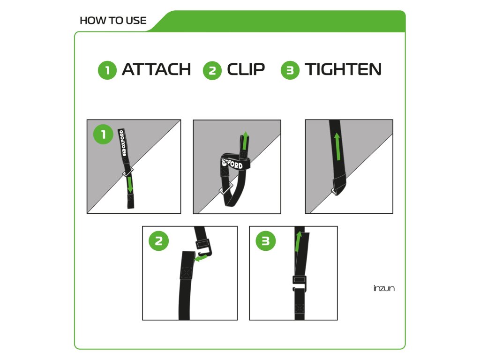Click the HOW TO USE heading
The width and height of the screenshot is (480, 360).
113,21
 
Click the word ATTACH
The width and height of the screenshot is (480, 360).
156,69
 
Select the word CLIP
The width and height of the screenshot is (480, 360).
246,69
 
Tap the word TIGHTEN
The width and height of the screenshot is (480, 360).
343,69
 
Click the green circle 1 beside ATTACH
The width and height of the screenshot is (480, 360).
107,70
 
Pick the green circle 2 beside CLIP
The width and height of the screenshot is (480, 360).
212,70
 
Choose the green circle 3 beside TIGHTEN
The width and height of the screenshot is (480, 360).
290,70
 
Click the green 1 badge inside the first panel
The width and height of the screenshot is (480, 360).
103,134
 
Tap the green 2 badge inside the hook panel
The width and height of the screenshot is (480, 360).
158,241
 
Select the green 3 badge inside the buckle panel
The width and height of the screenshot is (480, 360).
265,241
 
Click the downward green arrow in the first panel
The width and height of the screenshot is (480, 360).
130,185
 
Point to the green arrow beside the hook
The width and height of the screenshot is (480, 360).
201,258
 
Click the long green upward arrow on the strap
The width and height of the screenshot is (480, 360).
337,146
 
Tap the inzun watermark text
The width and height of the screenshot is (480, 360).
384,288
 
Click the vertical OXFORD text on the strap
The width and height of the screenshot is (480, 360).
122,142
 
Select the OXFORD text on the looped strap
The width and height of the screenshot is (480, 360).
232,164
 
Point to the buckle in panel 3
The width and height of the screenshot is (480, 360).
300,283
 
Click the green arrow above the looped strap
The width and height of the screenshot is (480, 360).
245,141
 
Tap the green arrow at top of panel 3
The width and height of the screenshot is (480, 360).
298,241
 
